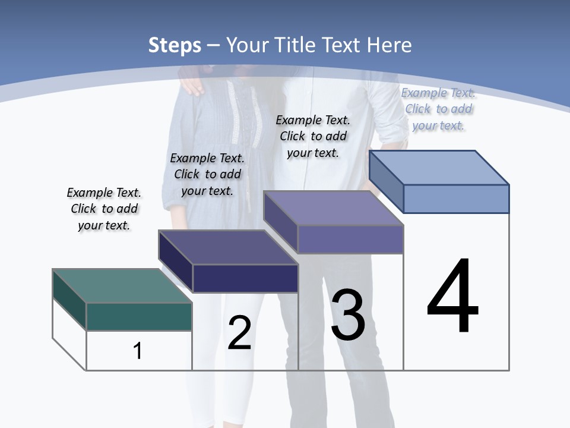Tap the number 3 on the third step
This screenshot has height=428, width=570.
tap(348, 315)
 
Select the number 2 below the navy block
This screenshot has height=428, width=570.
tap(239, 333)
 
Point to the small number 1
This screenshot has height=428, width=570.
tap(138, 351)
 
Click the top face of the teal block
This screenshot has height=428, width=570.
tap(122, 286)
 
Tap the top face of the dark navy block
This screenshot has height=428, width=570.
tap(228, 247)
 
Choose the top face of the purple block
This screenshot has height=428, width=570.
tap(334, 208)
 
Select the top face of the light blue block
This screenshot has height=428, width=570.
tap(439, 168)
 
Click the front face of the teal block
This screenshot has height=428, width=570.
tap(139, 317)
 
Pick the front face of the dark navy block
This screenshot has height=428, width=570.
tap(245, 278)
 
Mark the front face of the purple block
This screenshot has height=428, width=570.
tap(350, 240)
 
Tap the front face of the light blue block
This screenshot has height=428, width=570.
tap(456, 199)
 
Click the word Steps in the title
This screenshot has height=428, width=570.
tap(175, 45)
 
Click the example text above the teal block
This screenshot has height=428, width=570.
tap(104, 209)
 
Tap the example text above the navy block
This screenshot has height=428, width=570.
tap(207, 174)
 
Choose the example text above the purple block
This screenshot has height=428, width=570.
tap(313, 136)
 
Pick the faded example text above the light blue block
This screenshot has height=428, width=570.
tap(438, 109)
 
